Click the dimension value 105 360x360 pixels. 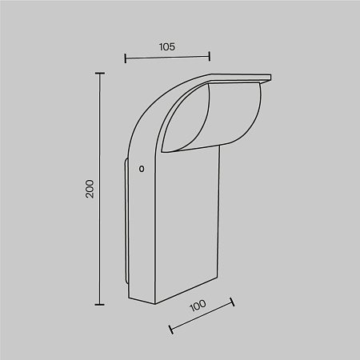167,46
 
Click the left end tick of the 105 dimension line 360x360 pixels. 126,57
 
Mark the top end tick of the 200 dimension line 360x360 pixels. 100,74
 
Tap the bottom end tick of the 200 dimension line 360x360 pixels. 100,304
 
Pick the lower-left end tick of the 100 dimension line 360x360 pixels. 170,328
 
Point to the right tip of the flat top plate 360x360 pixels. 270,77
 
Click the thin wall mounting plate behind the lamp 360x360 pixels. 126,224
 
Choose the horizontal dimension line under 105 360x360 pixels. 167,57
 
